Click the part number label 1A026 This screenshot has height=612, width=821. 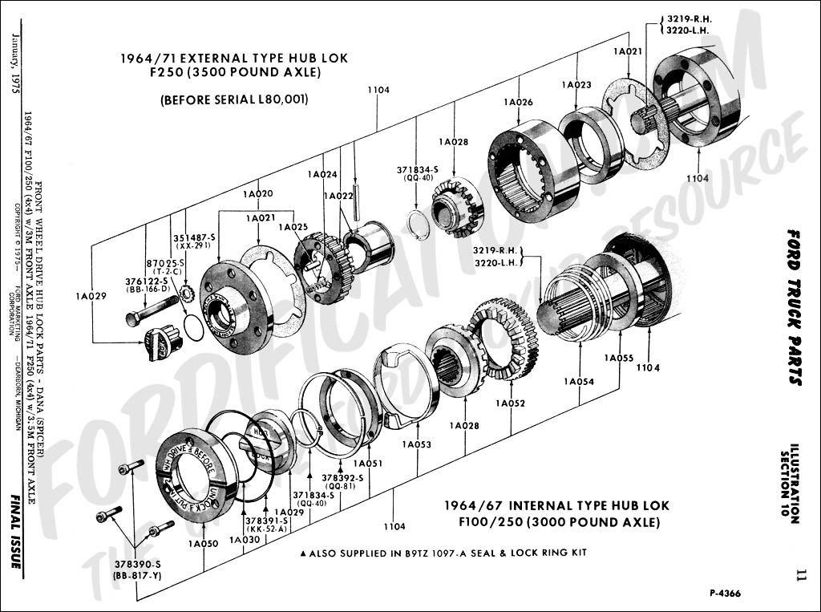point(518,102)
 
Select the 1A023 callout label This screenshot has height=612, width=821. point(576,84)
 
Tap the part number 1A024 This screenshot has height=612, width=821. point(322,174)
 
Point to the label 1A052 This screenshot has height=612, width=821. point(510,403)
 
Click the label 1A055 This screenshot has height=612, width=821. point(619,358)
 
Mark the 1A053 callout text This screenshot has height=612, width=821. point(417,444)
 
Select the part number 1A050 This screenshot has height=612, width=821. point(204,544)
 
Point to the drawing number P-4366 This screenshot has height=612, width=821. point(725,594)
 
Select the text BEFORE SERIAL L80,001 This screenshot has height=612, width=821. point(234,99)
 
